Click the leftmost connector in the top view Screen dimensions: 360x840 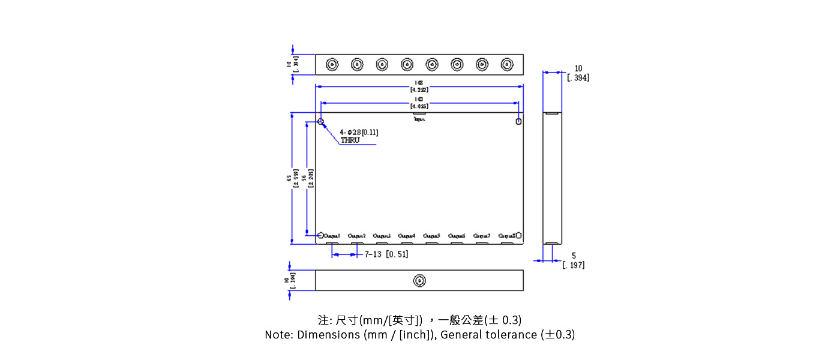[331, 64]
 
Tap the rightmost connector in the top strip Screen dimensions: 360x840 [507, 64]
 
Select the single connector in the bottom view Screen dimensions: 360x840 [419, 280]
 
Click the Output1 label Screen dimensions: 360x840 [332, 236]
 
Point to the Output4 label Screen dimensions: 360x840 [406, 236]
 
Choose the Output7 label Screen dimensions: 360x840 [482, 236]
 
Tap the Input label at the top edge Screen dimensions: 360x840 [419, 119]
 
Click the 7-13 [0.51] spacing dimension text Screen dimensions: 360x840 [386, 254]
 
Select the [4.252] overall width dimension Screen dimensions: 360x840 [419, 90]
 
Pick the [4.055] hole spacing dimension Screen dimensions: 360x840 [419, 106]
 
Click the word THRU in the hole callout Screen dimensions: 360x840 [350, 140]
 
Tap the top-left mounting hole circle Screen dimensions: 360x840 [321, 122]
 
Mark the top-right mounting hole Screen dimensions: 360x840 [518, 122]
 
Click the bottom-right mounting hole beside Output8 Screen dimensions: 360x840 [518, 235]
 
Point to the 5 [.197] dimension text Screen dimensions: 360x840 [573, 260]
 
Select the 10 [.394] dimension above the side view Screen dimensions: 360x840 [578, 73]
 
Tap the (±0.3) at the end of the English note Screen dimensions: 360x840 [557, 335]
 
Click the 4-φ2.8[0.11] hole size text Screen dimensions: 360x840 [359, 132]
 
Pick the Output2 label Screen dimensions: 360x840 [356, 236]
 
